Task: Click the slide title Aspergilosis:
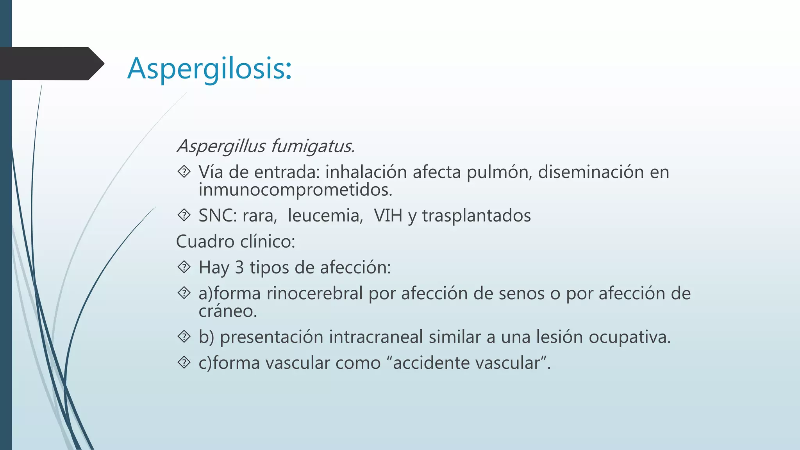click(209, 68)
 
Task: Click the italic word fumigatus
click(312, 146)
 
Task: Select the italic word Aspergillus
click(221, 146)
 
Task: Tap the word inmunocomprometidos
click(295, 190)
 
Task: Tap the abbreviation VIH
click(387, 216)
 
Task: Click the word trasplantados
click(476, 216)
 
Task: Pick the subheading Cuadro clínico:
click(236, 241)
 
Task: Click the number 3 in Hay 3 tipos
click(239, 268)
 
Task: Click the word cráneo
click(227, 311)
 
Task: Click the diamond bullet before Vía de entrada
click(184, 171)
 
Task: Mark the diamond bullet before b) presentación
click(184, 336)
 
